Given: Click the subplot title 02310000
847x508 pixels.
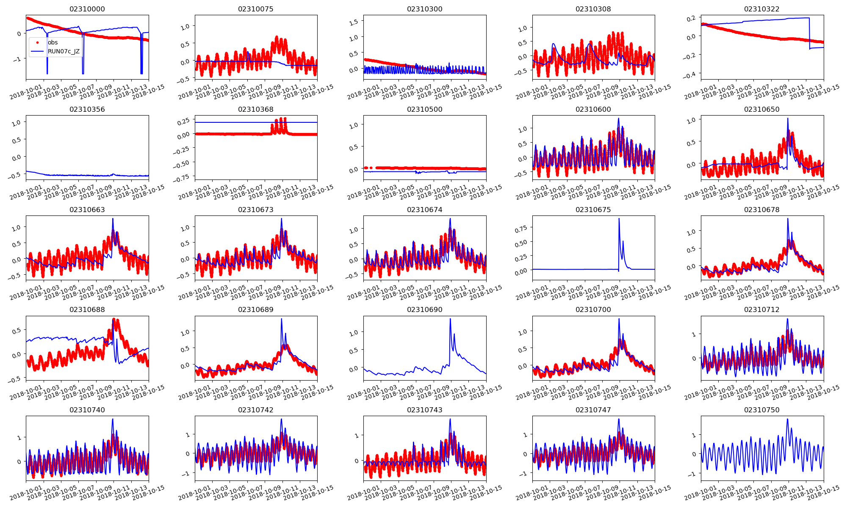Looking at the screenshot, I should pyautogui.click(x=87, y=9).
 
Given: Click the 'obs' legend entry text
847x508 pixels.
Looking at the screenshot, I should pyautogui.click(x=53, y=42).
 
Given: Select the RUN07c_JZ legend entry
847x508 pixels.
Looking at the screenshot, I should pyautogui.click(x=64, y=52).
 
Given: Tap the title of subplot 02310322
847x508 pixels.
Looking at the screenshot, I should pyautogui.click(x=761, y=9).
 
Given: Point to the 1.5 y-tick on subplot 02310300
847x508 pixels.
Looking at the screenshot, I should pyautogui.click(x=354, y=22).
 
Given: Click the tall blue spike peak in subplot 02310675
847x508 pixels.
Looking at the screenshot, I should pyautogui.click(x=619, y=218).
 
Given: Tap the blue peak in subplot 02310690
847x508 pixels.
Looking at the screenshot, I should pyautogui.click(x=450, y=319).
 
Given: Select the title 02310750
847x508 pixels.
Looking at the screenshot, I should pyautogui.click(x=761, y=410).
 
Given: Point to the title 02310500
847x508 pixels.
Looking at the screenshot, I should pyautogui.click(x=424, y=110).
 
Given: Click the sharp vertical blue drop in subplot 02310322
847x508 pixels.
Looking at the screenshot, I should pyautogui.click(x=809, y=34).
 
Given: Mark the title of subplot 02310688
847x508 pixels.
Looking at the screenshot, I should pyautogui.click(x=87, y=310).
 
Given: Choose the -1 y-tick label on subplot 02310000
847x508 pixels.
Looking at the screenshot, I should pyautogui.click(x=17, y=59).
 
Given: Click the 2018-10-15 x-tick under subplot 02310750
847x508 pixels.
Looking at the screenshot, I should pyautogui.click(x=824, y=493).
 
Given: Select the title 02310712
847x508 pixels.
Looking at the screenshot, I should pyautogui.click(x=761, y=310).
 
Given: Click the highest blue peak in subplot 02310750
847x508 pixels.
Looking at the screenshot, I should pyautogui.click(x=787, y=419).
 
